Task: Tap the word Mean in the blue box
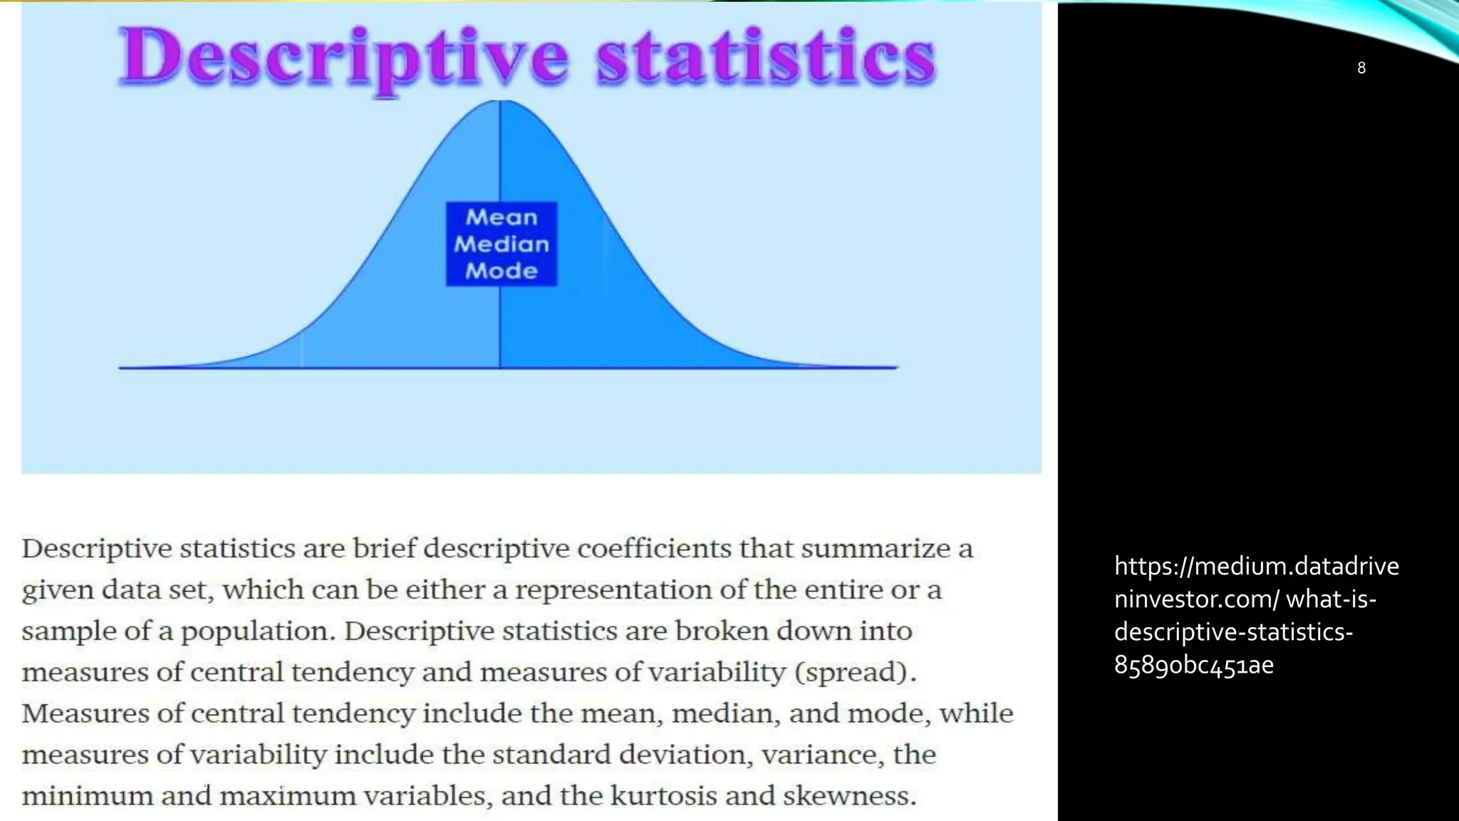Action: (x=502, y=217)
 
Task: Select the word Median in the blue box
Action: (x=502, y=244)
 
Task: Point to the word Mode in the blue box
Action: (x=502, y=271)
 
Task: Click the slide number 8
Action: (x=1361, y=68)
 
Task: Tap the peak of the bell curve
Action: (x=499, y=102)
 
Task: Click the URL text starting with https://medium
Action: (x=1256, y=567)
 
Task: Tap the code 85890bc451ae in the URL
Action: (x=1193, y=666)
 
